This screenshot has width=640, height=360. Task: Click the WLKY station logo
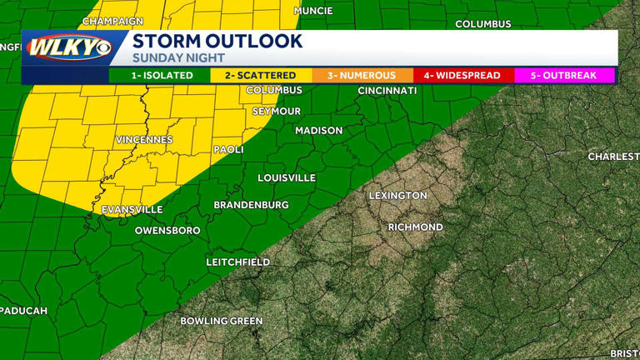68,47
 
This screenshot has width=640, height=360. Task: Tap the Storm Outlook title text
217,41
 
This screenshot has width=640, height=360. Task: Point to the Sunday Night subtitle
178,58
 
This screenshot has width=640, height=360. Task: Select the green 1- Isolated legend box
160,75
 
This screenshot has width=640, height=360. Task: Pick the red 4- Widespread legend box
462,75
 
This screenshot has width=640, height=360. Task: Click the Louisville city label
287,177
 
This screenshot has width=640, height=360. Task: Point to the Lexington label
397,196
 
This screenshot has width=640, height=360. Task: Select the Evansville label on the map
132,209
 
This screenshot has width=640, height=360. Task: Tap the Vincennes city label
144,139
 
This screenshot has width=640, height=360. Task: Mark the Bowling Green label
222,321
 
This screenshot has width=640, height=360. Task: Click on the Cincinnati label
387,90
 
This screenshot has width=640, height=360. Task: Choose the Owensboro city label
167,230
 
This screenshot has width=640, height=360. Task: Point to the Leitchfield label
238,262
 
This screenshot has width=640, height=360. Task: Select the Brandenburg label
251,205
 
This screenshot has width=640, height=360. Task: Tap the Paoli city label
228,150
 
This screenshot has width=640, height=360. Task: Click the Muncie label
313,11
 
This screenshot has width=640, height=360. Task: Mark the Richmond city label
415,227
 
